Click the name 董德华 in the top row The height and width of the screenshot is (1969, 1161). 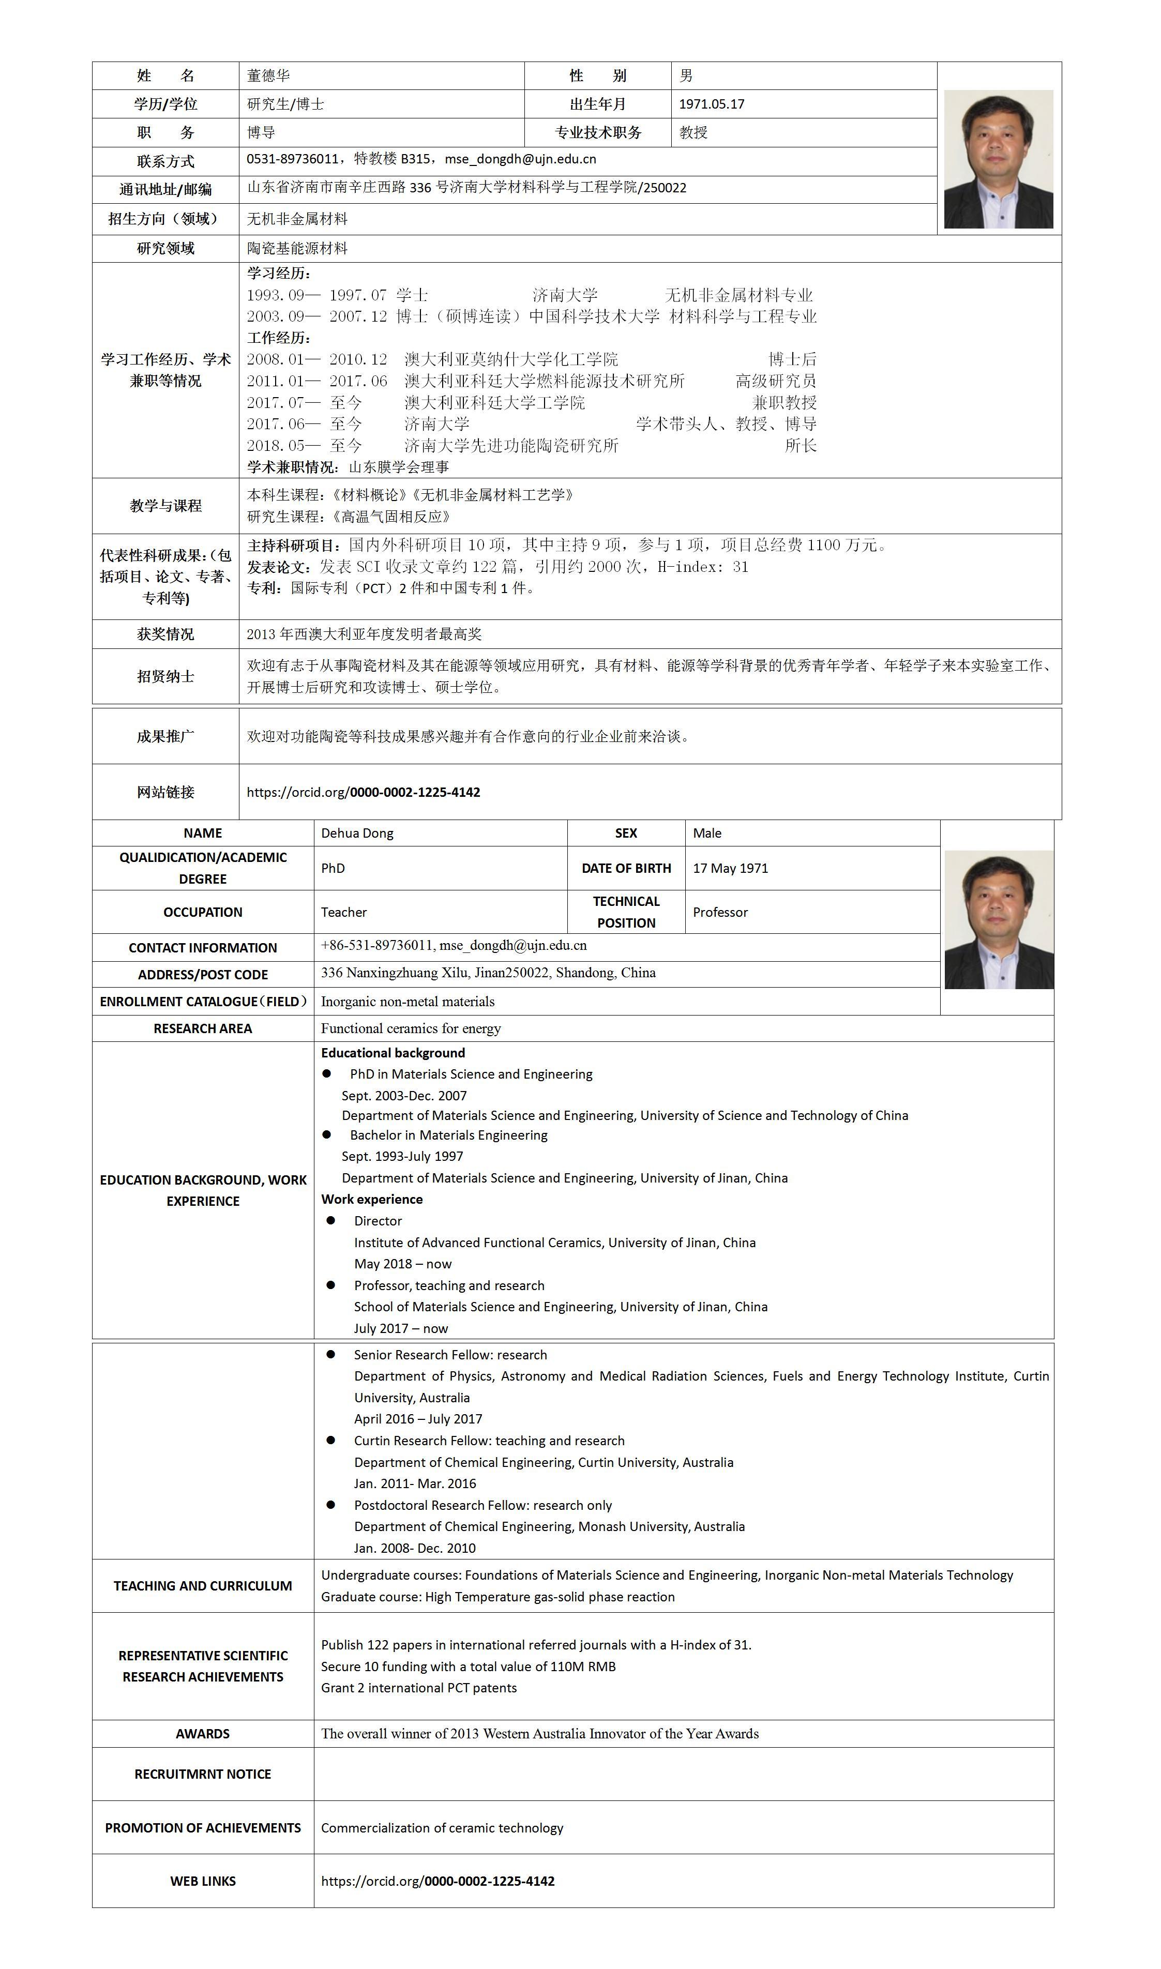click(x=268, y=76)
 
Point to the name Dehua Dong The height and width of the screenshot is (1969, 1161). click(x=357, y=834)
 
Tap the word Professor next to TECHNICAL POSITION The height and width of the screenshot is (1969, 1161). click(x=720, y=913)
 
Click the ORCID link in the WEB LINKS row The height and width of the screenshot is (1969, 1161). click(x=438, y=1881)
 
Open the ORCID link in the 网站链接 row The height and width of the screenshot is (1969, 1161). click(x=363, y=792)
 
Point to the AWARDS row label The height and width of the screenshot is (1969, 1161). click(x=203, y=1734)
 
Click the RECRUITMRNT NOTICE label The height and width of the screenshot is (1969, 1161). click(x=203, y=1774)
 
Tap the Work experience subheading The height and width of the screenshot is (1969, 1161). click(x=372, y=1200)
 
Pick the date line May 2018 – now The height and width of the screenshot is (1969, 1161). click(x=402, y=1264)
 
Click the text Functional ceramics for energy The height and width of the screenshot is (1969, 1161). click(x=411, y=1028)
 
